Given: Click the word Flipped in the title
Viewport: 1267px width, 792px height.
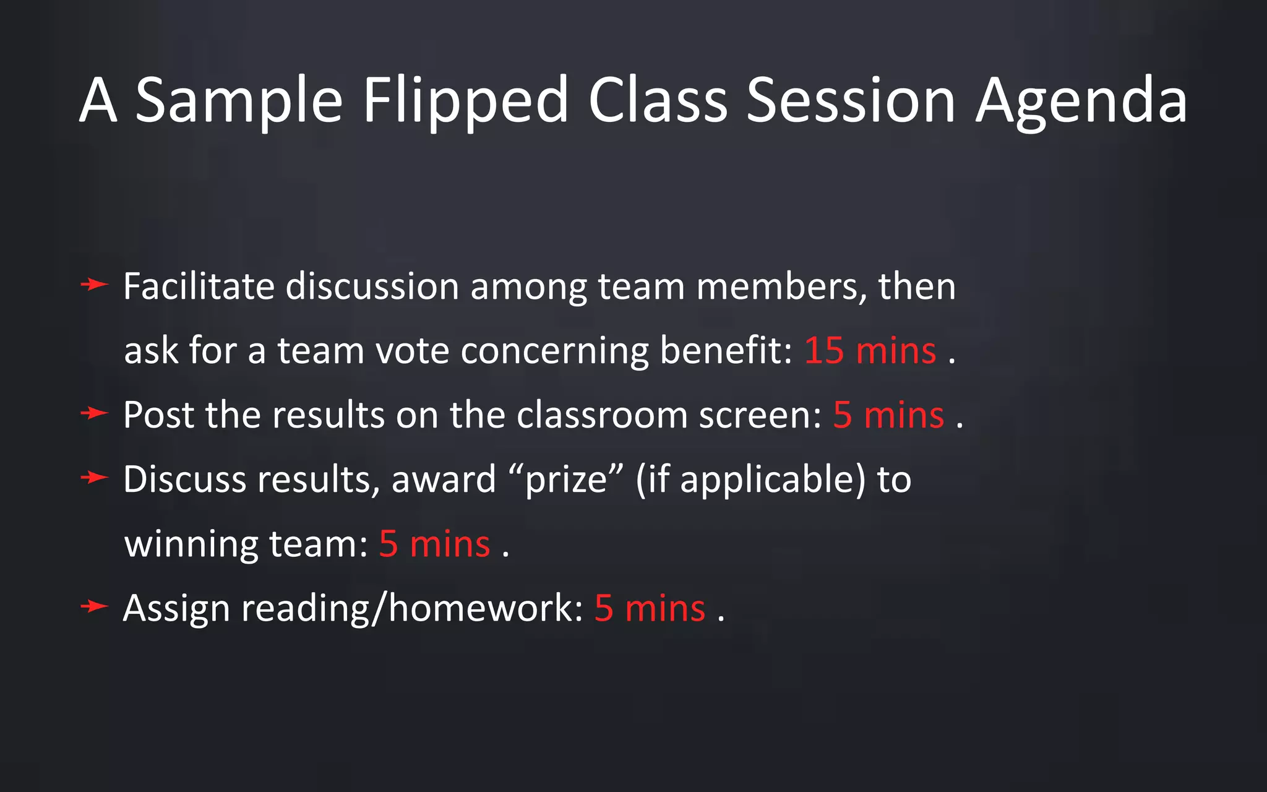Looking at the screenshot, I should [465, 100].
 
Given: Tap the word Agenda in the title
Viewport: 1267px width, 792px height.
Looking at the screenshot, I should [1081, 100].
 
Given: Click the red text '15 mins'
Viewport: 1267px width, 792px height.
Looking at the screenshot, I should [870, 350].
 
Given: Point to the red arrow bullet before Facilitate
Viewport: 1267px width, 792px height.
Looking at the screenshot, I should [95, 285].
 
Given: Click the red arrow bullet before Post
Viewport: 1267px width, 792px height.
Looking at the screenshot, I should [95, 413].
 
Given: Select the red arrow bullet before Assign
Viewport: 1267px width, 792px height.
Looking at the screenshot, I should [95, 606].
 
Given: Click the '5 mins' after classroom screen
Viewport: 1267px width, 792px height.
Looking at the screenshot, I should [888, 415].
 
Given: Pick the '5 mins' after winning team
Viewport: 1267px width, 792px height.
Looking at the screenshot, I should [434, 544].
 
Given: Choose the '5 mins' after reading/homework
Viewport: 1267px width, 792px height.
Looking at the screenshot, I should [650, 608].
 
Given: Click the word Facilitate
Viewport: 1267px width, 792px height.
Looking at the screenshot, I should [199, 286].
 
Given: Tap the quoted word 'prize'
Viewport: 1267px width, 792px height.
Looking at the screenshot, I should [565, 480].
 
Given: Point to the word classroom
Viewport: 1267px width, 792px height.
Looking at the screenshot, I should [602, 415].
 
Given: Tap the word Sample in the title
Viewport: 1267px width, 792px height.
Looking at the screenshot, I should [239, 100].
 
